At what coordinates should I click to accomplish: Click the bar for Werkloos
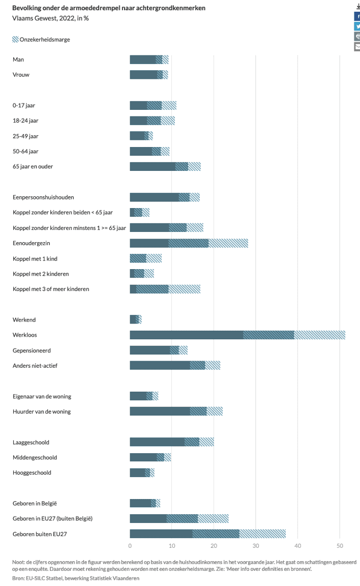coord(186,335)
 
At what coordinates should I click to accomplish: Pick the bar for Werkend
coord(134,319)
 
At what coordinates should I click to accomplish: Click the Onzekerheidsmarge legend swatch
coord(15,39)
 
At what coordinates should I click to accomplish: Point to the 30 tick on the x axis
coord(256,546)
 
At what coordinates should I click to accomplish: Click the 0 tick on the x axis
coord(130,546)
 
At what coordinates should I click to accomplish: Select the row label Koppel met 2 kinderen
coord(41,274)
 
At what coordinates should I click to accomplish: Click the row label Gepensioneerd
coord(32,350)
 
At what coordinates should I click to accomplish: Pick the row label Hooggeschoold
coord(32,473)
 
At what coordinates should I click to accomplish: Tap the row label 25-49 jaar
coord(26,136)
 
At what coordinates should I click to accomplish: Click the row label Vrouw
coord(21,75)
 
